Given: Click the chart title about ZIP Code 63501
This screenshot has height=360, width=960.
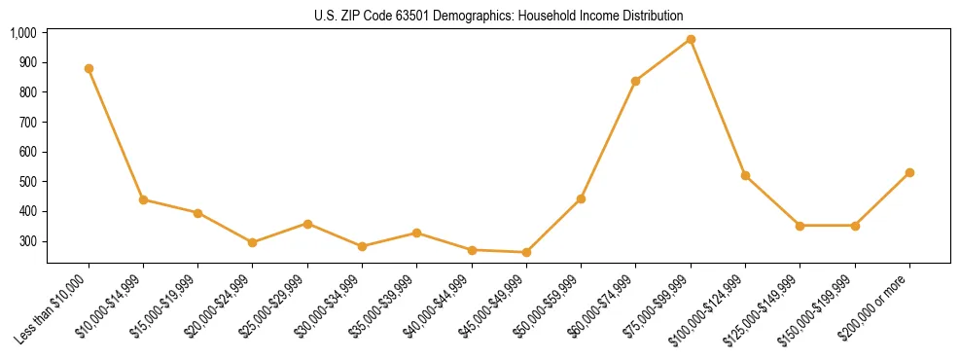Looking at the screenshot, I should pyautogui.click(x=498, y=16).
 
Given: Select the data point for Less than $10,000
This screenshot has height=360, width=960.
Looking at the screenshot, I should pyautogui.click(x=89, y=68).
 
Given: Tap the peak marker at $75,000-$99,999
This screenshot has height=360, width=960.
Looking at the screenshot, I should pyautogui.click(x=691, y=39).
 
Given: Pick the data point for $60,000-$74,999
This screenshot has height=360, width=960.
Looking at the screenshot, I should pyautogui.click(x=635, y=81).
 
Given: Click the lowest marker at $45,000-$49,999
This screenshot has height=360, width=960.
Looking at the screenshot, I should pyautogui.click(x=526, y=252).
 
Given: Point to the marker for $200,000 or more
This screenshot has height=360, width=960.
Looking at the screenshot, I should pyautogui.click(x=909, y=172).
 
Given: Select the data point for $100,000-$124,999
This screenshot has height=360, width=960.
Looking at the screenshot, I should pyautogui.click(x=745, y=175).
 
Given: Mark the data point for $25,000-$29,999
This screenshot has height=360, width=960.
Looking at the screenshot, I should pyautogui.click(x=307, y=224).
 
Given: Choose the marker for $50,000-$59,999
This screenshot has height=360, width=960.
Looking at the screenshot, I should pyautogui.click(x=581, y=198).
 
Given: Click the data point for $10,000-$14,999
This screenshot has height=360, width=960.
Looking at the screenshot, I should pyautogui.click(x=143, y=199).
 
